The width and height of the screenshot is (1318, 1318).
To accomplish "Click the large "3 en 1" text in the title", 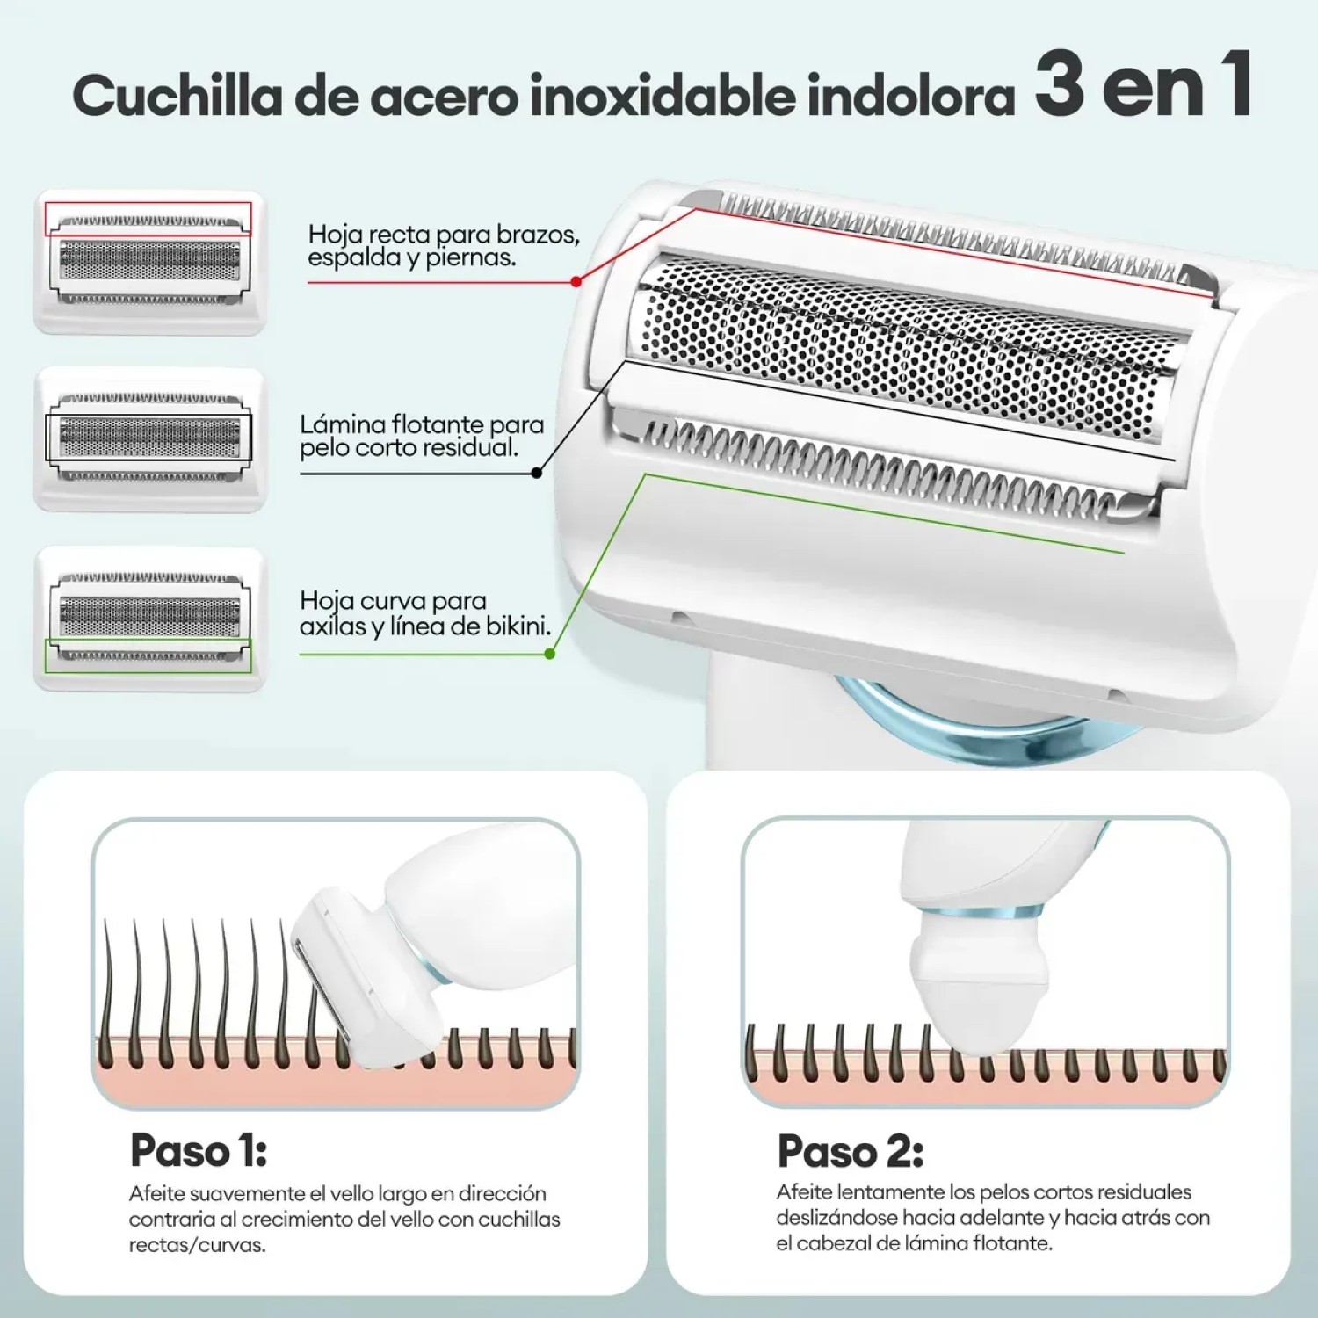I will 1142,85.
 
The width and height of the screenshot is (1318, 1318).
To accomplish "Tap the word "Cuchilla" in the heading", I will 177,95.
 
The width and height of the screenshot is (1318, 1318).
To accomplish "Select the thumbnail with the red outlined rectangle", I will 149,262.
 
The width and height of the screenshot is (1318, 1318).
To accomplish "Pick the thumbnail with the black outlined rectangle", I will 149,438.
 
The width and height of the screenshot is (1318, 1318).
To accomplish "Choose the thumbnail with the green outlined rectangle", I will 149,619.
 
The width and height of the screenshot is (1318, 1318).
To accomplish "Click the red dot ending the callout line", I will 576,282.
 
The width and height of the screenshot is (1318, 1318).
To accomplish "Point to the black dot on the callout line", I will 537,473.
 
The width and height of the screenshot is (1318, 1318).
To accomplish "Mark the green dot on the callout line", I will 550,654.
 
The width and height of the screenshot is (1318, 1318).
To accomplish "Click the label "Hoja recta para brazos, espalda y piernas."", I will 443,245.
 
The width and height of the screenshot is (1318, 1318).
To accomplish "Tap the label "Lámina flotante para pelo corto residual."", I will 422,436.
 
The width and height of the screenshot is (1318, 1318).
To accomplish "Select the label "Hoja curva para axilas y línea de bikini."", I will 425,613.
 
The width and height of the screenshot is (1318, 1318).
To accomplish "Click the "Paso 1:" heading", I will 198,1150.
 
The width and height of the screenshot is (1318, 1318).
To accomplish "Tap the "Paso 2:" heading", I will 850,1151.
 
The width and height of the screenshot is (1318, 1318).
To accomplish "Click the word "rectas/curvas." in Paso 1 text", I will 197,1245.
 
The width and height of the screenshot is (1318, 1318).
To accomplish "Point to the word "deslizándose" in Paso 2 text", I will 836,1218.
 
